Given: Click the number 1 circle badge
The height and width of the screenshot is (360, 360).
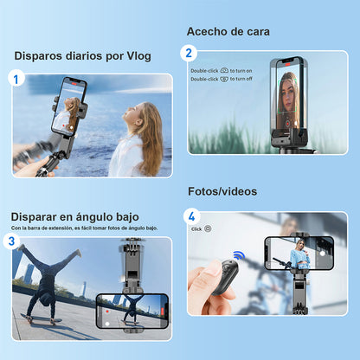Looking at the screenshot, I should (15, 79).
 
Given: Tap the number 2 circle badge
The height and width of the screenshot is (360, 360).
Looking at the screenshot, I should (190, 53).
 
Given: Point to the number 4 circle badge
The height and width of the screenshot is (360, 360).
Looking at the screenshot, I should (192, 215).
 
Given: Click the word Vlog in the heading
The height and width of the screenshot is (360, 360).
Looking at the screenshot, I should (137, 56).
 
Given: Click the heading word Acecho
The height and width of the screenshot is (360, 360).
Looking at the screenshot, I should (208, 31).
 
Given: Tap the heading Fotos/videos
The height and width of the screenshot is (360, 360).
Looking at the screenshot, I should (222, 190).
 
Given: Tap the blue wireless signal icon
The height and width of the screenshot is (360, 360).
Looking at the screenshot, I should (239, 256).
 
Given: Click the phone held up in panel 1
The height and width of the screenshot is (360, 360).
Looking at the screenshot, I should (69, 106).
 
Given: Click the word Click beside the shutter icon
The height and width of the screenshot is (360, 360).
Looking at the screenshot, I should (196, 228).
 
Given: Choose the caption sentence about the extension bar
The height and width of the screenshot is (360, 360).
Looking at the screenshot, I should (84, 228).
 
